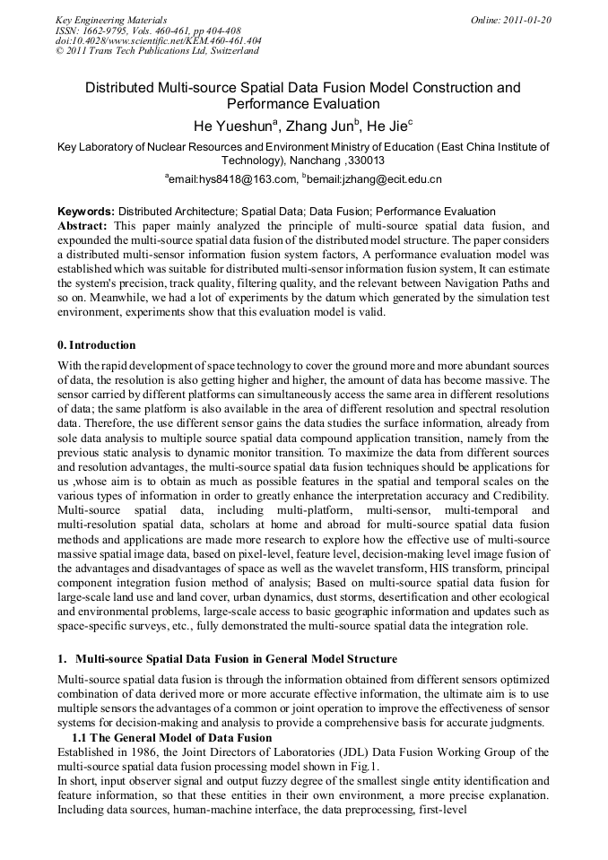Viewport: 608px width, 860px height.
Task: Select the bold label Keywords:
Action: click(86, 212)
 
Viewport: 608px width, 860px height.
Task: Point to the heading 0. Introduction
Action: click(97, 344)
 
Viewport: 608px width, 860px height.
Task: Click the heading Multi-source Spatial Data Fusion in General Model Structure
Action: click(236, 659)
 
